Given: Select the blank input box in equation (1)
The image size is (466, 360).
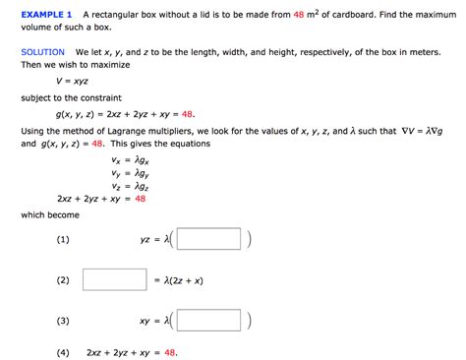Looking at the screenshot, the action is coord(208,239).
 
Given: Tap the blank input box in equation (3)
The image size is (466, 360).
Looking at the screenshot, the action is coord(208,321).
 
